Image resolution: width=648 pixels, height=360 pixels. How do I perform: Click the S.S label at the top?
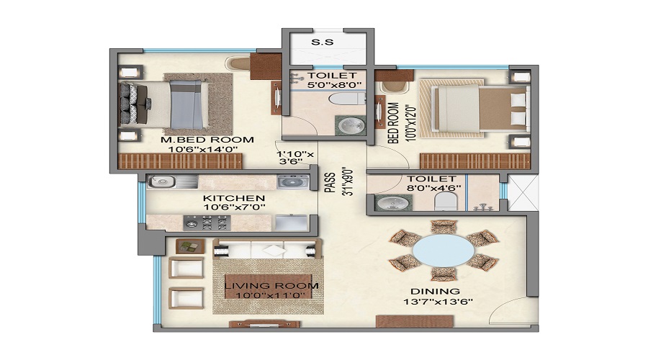tap(323, 42)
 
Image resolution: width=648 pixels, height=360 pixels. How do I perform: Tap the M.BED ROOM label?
tap(207, 140)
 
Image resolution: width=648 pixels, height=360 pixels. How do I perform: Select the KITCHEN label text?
tap(234, 198)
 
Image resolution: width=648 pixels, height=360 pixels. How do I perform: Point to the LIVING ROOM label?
tap(271, 286)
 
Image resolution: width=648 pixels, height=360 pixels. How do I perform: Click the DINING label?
tap(435, 292)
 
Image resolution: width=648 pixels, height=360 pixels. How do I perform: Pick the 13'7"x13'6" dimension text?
tap(438, 302)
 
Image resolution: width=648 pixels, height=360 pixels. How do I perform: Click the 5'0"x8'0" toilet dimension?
tap(335, 85)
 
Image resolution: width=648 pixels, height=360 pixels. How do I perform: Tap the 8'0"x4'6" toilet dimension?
tap(434, 188)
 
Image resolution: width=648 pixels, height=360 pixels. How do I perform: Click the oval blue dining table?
tap(444, 251)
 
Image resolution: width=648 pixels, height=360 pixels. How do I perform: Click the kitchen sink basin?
tap(162, 181)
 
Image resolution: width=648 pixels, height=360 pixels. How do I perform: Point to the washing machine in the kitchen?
tap(293, 181)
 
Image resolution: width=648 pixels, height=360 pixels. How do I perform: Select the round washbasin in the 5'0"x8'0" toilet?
tap(351, 126)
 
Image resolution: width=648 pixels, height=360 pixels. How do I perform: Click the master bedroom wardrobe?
tap(181, 161)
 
